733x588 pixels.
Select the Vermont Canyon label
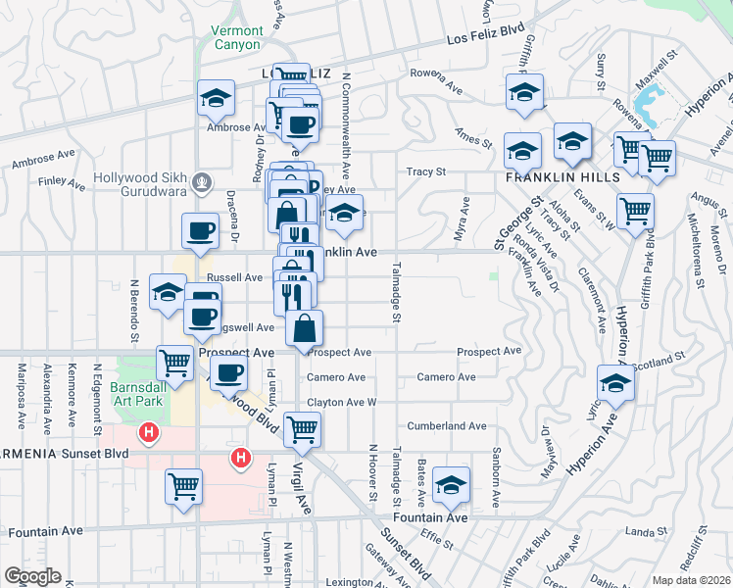click(237, 37)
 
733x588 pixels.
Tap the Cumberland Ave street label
click(451, 426)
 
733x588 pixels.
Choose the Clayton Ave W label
click(342, 402)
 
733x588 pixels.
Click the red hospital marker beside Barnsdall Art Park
click(149, 431)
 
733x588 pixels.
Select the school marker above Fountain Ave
click(452, 484)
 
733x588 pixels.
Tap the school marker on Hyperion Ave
click(615, 383)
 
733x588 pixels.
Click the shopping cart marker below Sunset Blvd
click(183, 487)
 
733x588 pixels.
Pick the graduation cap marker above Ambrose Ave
click(216, 97)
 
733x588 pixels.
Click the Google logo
click(31, 576)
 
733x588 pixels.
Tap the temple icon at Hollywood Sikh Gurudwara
click(201, 182)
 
